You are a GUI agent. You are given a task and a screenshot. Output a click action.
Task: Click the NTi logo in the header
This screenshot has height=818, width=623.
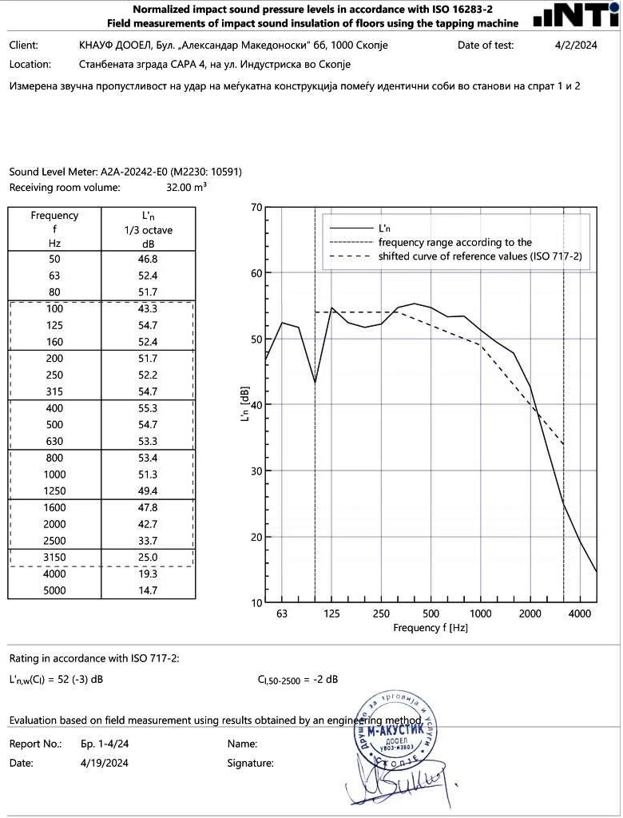point(575,15)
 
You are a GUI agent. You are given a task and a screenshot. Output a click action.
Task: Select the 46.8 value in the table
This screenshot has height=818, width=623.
point(148,260)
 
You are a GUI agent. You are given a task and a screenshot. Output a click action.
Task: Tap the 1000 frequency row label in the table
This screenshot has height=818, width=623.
point(54,475)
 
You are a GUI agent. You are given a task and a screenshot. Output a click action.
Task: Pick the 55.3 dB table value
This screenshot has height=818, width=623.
point(148,408)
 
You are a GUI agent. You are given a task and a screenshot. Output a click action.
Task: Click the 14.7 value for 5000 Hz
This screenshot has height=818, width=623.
point(148,590)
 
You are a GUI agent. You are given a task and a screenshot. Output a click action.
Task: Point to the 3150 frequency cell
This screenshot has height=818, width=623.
point(54,557)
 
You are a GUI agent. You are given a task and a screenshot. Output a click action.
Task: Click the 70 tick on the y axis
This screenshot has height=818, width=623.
point(256,208)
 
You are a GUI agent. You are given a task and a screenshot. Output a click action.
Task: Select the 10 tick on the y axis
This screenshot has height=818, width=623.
point(256,602)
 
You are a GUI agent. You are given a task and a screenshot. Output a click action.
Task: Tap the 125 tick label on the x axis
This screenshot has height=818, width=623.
point(332,613)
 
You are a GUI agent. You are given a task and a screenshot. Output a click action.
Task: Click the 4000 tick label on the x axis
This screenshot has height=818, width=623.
point(579,613)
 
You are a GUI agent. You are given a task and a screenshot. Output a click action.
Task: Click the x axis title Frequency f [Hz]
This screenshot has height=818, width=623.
point(431,628)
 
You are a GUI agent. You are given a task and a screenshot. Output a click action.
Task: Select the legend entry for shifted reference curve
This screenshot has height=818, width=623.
point(479,256)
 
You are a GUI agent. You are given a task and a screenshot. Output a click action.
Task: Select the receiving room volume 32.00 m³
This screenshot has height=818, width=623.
point(186,188)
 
